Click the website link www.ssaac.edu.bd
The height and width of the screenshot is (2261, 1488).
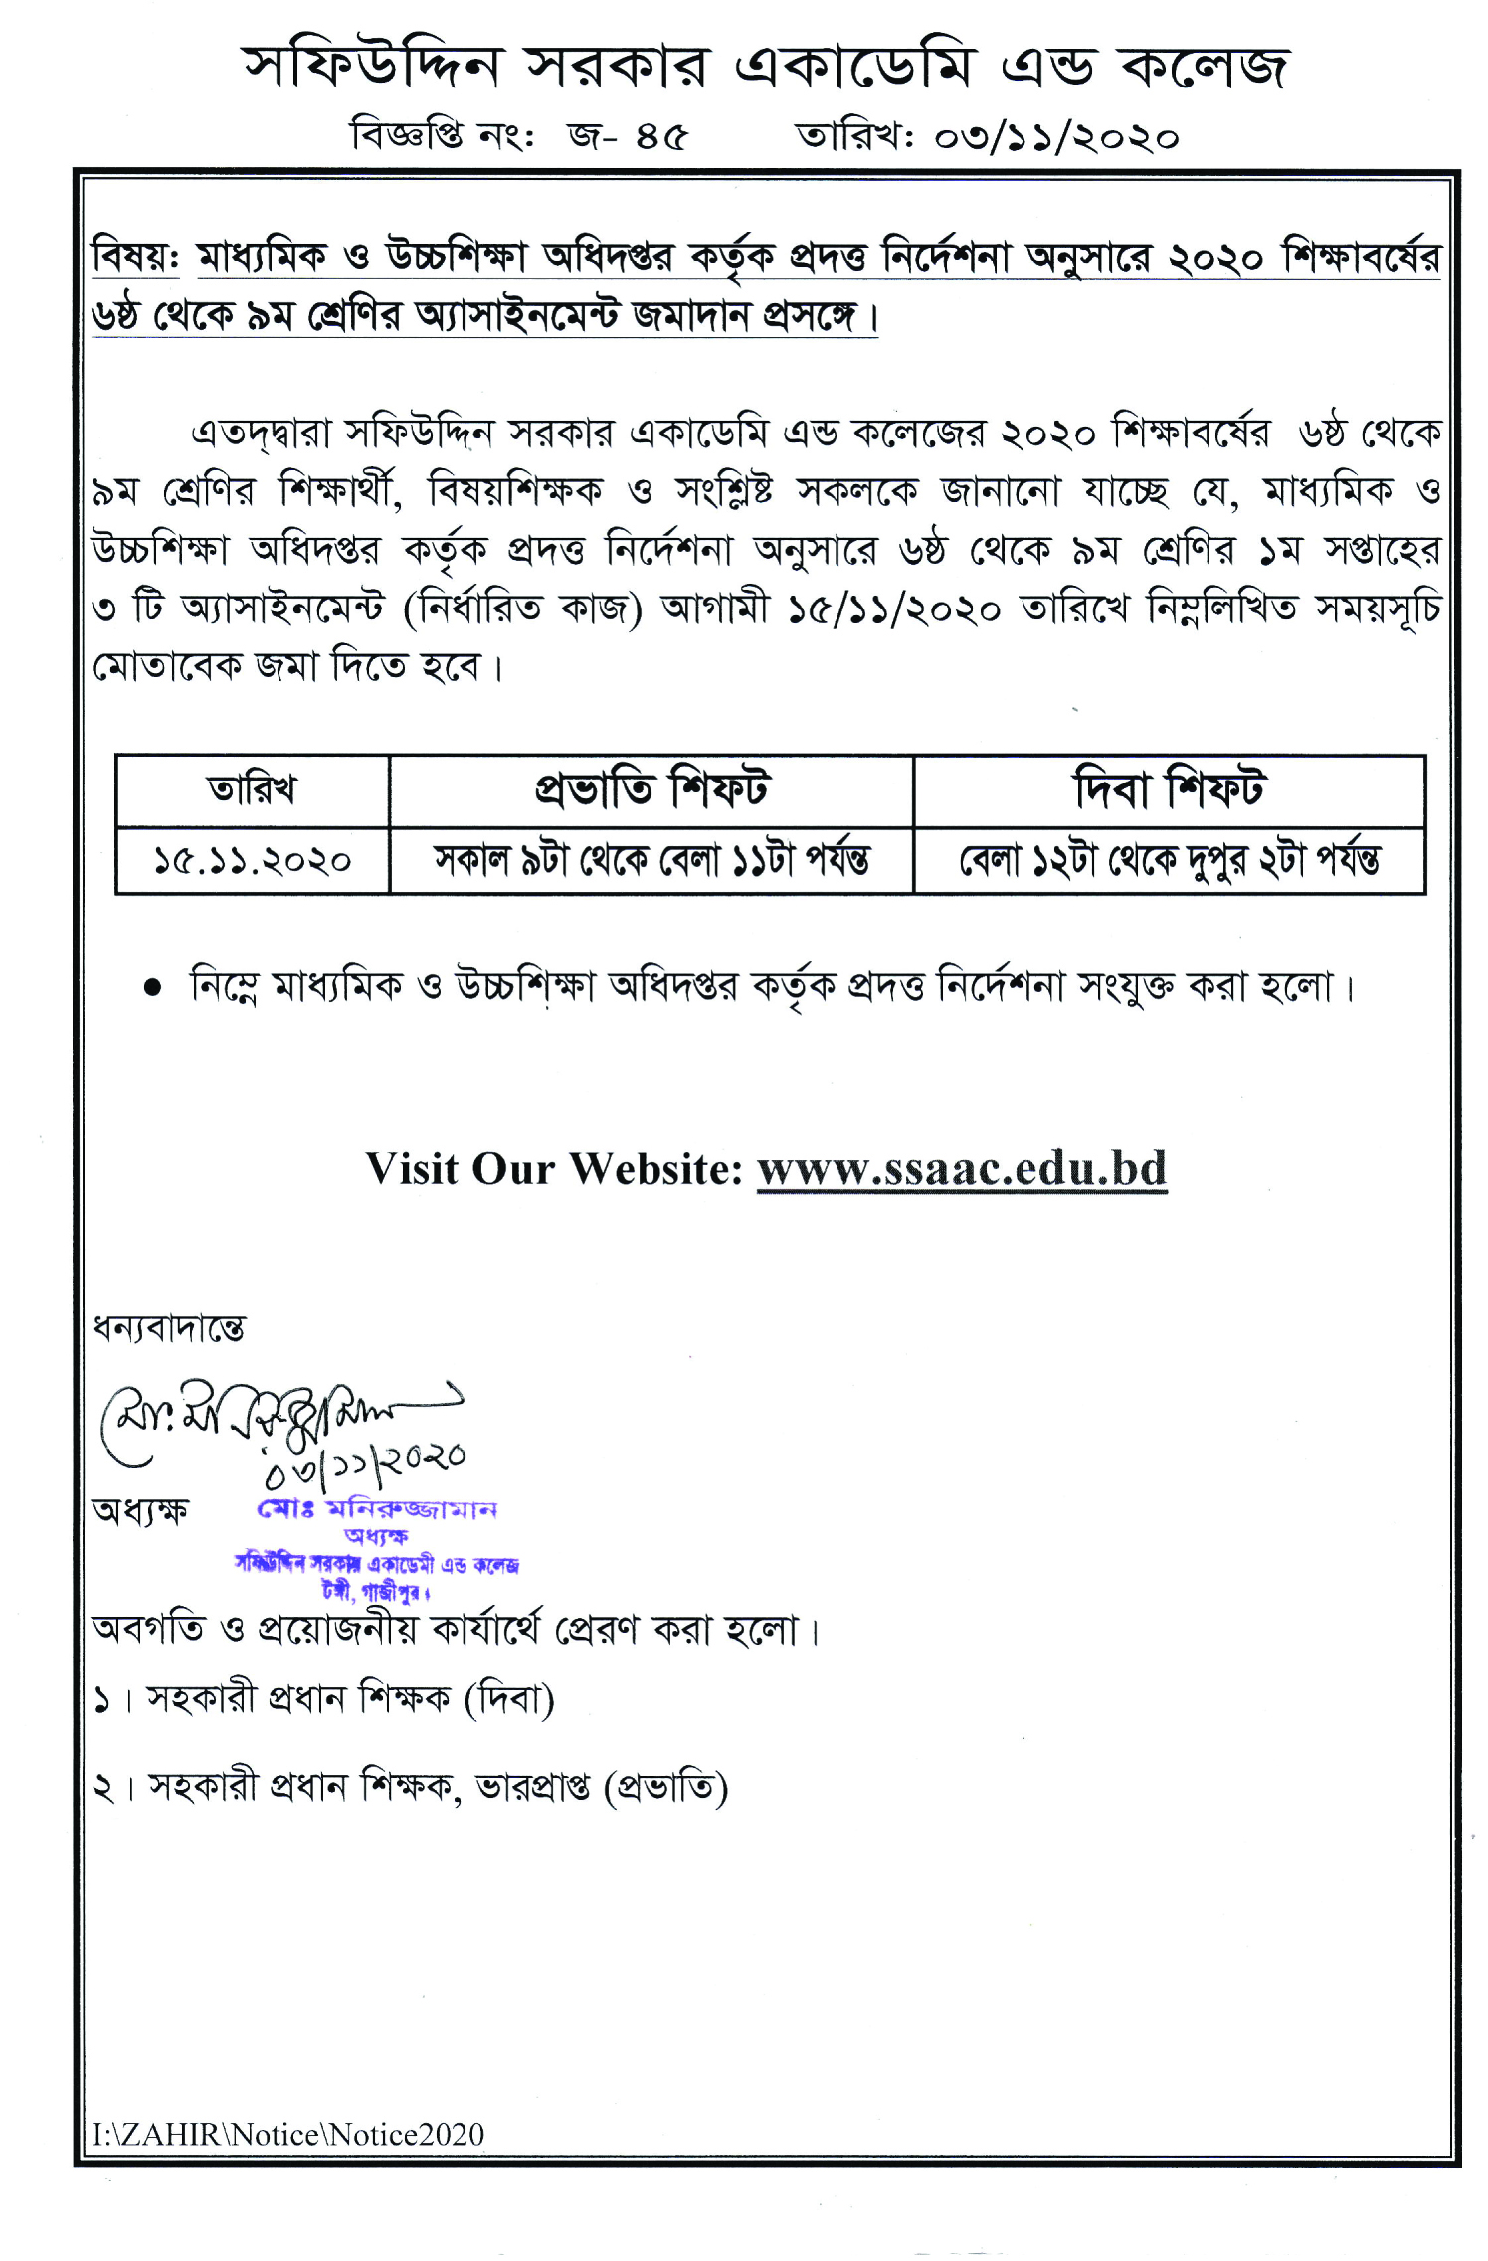[961, 1169]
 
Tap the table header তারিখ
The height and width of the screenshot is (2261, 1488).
[252, 790]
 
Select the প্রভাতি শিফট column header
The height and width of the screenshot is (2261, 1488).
[651, 790]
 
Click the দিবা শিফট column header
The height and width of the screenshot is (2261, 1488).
[1169, 790]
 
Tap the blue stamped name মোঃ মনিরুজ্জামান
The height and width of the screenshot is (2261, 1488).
[377, 1509]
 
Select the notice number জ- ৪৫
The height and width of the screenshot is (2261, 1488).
[627, 135]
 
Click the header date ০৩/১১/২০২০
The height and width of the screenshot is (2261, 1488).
[1055, 136]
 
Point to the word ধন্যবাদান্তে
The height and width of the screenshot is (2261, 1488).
[168, 1328]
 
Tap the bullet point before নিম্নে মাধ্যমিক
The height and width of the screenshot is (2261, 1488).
[152, 988]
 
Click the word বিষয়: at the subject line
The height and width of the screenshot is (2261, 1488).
[135, 258]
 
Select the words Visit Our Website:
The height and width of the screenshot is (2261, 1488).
[554, 1169]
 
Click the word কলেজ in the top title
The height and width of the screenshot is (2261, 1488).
[1204, 68]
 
